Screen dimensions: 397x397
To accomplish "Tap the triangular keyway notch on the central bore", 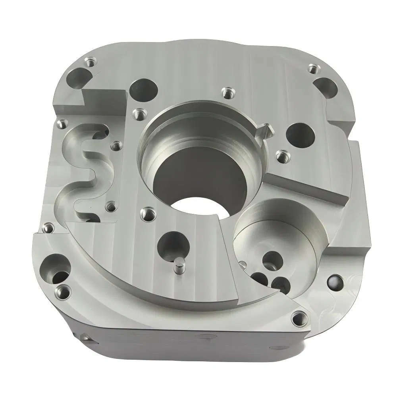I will tap(264, 130).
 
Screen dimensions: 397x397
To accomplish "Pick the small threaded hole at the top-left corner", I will tap(91, 62).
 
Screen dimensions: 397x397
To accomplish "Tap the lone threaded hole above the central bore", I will tap(227, 93).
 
